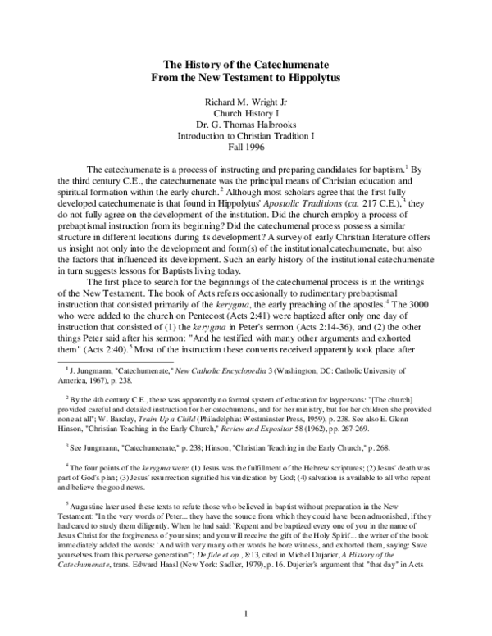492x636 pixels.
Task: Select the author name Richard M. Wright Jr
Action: (x=245, y=103)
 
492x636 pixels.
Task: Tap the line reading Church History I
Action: (x=245, y=115)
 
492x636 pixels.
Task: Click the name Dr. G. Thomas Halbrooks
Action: (x=245, y=126)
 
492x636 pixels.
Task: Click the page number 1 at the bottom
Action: (x=246, y=614)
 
